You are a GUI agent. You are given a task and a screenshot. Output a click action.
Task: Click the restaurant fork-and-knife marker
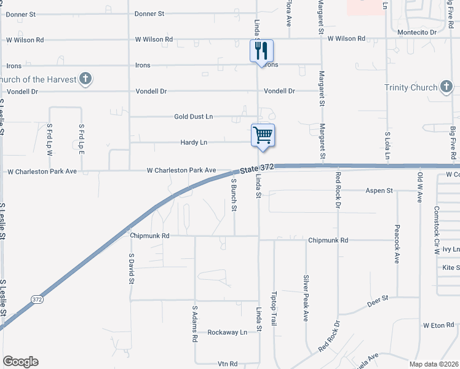261,50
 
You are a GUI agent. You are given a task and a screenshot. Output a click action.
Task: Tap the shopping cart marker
263,135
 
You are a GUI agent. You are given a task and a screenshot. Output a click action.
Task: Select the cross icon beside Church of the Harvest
85,78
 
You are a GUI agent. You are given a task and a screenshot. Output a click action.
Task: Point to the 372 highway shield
37,299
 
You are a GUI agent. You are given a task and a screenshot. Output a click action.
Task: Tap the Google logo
20,362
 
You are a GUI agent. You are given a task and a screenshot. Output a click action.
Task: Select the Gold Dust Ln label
193,116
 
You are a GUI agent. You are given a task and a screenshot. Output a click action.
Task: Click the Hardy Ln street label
194,142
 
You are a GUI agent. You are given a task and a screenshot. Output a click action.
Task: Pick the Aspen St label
380,191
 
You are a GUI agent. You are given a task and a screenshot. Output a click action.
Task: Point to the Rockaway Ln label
227,331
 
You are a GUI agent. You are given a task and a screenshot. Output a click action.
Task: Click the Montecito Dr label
417,31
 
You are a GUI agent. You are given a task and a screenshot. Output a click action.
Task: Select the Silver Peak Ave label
305,298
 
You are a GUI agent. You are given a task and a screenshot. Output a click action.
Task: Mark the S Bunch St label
234,195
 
